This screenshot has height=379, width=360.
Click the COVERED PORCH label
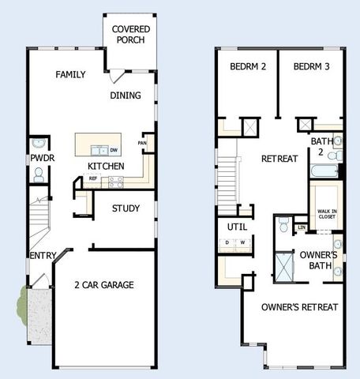(x=131, y=34)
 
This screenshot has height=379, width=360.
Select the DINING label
(x=126, y=96)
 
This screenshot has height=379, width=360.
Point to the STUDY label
(x=126, y=209)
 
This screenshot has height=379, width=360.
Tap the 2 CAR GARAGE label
(x=103, y=285)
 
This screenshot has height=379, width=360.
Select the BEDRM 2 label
(x=248, y=67)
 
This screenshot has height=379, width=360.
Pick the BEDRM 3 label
(x=311, y=67)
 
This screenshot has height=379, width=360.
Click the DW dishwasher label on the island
(x=114, y=150)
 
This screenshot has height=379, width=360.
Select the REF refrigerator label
(x=93, y=179)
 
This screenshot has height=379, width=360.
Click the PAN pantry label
(x=142, y=143)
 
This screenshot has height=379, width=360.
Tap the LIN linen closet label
(x=302, y=227)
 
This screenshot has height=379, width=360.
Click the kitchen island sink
(x=99, y=150)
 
